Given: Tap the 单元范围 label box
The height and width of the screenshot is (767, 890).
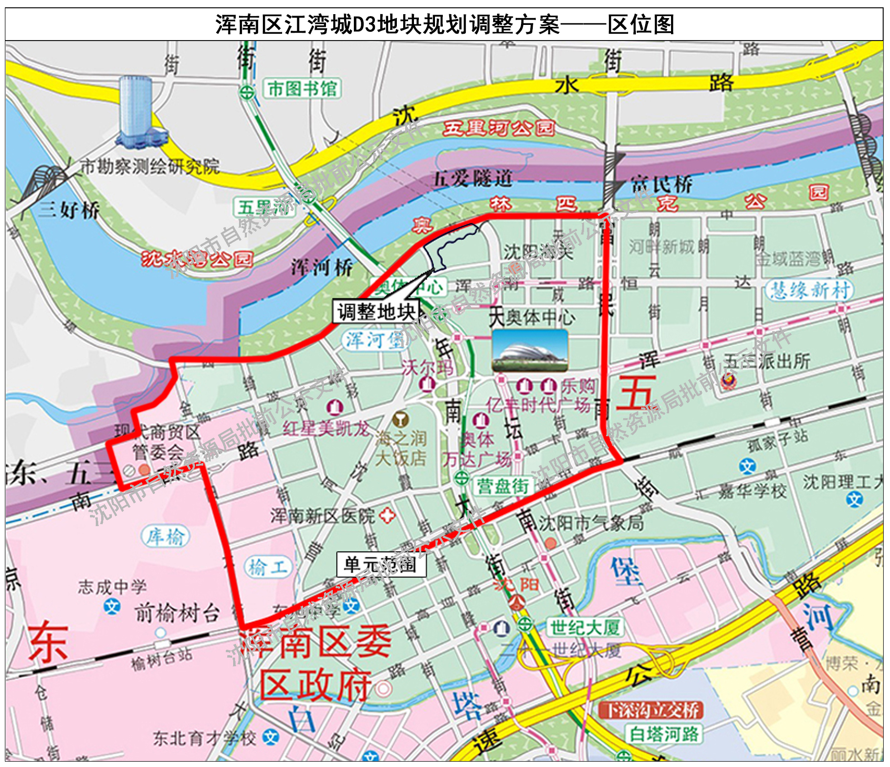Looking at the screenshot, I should click(x=381, y=565).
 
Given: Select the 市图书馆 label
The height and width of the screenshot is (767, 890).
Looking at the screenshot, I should click(x=302, y=89).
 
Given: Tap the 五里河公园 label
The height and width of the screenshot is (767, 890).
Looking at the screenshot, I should click(x=499, y=128).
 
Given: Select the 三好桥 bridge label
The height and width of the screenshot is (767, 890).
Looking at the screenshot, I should click(x=69, y=210).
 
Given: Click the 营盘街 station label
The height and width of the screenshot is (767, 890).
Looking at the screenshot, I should click(x=503, y=486).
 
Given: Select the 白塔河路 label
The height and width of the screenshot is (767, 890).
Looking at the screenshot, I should click(x=664, y=734).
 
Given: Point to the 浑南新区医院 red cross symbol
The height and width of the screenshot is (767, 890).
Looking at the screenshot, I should click(x=387, y=515).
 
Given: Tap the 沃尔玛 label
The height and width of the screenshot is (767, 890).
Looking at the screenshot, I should click(x=427, y=367).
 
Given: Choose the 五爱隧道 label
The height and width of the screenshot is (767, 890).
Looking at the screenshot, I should click(x=473, y=178).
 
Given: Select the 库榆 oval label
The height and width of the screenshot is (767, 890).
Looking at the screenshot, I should click(x=165, y=536).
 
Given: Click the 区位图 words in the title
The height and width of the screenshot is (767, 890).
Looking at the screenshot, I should click(x=641, y=24).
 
